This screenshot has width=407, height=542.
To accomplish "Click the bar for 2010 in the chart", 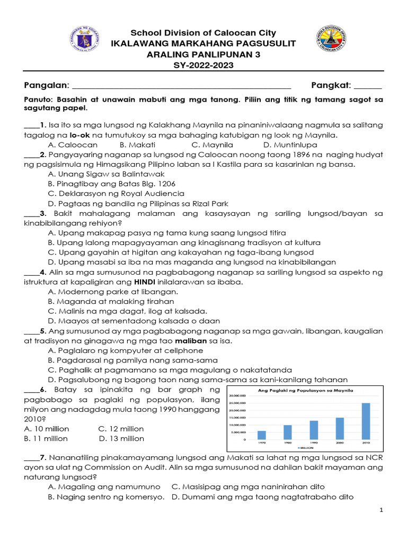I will pos(366,421).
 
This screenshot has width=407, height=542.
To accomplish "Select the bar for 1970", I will pos(262,435).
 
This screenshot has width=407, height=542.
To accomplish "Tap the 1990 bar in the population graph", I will pos(314,430).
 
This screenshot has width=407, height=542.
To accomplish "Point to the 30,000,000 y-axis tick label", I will pos(237,395).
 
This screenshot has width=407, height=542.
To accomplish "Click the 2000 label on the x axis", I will pos(340,442).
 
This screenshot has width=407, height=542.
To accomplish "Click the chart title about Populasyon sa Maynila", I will pos(305,390).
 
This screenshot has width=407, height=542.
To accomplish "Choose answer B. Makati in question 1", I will pos(137,144).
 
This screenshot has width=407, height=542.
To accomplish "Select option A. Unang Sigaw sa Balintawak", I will pos(106,174).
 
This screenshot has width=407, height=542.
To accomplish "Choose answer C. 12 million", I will pos(121,428).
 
